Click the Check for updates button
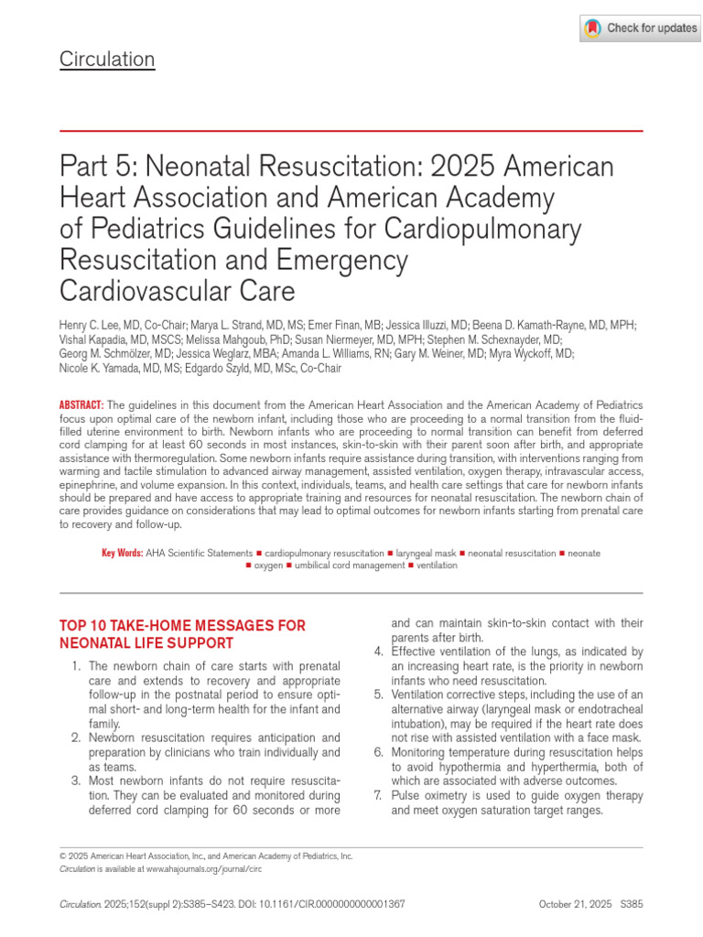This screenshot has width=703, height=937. coord(640,28)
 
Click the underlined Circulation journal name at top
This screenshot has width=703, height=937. coord(107,60)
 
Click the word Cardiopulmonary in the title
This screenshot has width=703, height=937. coord(495,229)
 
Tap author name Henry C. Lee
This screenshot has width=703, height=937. coord(96,325)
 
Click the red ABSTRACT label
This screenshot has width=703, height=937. coord(81,404)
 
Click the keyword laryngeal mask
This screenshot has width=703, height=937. coord(425,554)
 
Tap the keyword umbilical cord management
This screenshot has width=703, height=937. coord(351,565)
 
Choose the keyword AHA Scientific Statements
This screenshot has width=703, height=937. coord(199,554)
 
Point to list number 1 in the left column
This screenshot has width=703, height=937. coord(77,665)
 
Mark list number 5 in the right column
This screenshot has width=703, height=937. coord(378,695)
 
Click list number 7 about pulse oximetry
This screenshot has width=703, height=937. coord(378,796)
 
